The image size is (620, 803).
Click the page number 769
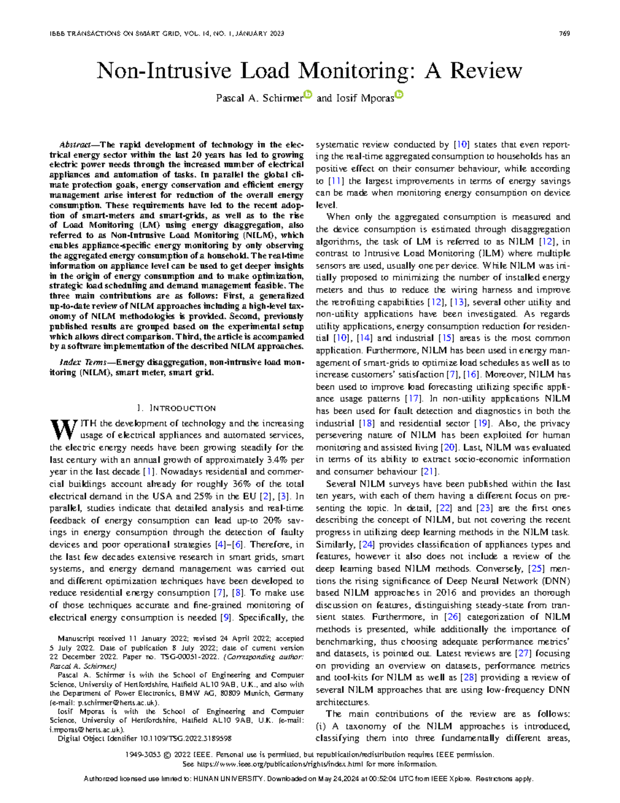[x=564, y=34]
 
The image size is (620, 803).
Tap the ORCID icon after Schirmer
[x=308, y=95]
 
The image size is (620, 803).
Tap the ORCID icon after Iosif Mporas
[x=399, y=95]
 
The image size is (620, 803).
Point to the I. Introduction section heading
[x=177, y=408]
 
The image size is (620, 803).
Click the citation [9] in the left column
[x=225, y=617]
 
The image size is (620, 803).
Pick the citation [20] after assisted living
[x=448, y=447]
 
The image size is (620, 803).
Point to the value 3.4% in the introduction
[x=277, y=460]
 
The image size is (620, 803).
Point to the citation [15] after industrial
[x=446, y=338]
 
